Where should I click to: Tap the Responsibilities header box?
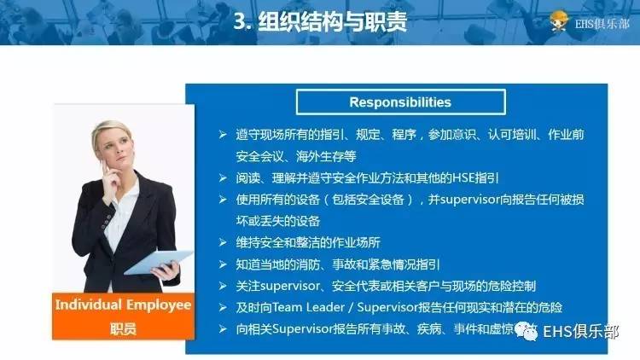tap(399, 102)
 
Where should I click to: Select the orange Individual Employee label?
tap(123, 305)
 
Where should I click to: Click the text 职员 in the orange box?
tap(123, 327)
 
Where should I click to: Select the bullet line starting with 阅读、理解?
tap(367, 178)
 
